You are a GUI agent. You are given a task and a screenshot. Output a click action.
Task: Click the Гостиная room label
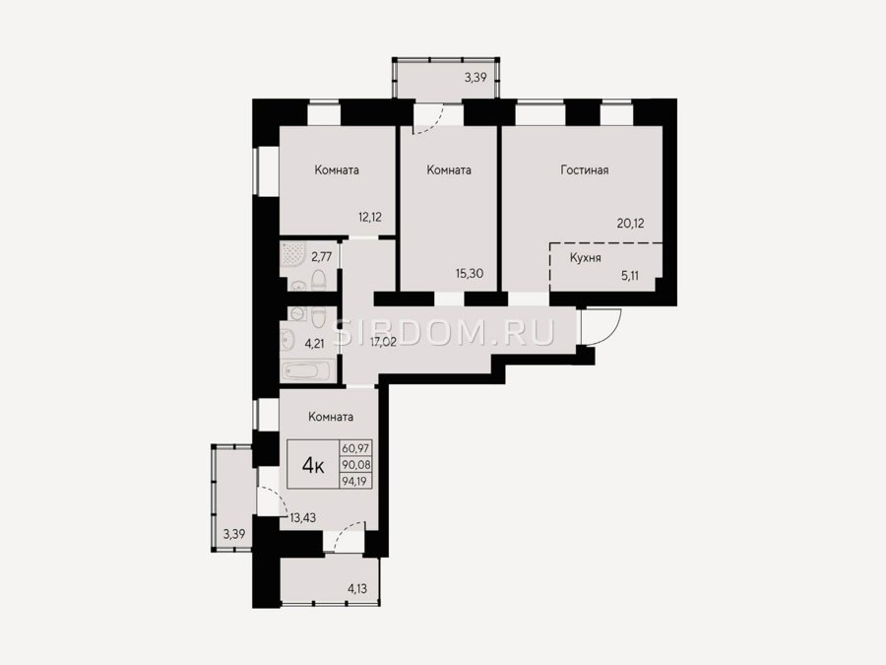[584, 169]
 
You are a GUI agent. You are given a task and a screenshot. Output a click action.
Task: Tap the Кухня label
[585, 258]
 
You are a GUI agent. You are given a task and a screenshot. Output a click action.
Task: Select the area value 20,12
[630, 224]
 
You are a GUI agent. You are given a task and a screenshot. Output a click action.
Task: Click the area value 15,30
[470, 274]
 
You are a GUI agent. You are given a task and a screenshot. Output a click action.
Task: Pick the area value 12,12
[369, 217]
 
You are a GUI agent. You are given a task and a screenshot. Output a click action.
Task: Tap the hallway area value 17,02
[383, 342]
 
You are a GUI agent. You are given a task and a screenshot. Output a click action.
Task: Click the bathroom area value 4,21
[314, 343]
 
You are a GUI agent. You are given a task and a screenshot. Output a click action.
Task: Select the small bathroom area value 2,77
[321, 257]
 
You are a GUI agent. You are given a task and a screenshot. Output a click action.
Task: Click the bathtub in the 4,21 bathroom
[307, 371]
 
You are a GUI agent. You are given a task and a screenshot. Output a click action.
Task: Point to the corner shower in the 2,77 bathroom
[292, 254]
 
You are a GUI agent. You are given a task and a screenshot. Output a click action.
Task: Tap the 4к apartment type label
[313, 465]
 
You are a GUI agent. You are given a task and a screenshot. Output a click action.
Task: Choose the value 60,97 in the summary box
[355, 448]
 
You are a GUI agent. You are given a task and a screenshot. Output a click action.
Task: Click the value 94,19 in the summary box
[355, 481]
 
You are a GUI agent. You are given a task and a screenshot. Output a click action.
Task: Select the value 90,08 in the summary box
[355, 465]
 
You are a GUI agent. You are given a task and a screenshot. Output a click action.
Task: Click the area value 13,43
[302, 517]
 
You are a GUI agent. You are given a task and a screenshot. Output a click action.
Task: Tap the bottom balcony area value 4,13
[357, 589]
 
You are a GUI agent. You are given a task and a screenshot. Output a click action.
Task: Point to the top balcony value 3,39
[475, 78]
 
